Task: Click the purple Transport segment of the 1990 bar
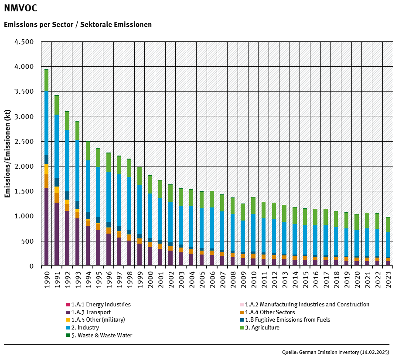coord(46,227)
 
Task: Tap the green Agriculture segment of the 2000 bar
coord(150,184)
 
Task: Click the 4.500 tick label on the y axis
coord(24,42)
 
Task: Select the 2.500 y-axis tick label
coord(24,142)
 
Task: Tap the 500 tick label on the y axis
coord(27,241)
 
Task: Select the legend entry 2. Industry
coord(85,327)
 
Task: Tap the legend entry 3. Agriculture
coord(262,327)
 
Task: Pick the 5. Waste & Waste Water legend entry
coord(102,335)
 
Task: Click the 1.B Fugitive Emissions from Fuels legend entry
coord(287,320)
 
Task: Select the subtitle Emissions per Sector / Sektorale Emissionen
coord(78,24)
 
